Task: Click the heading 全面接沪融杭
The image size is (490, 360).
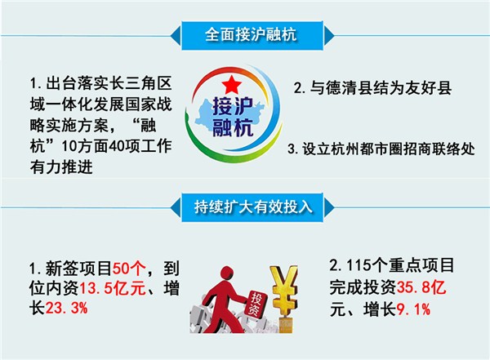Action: pyautogui.click(x=251, y=34)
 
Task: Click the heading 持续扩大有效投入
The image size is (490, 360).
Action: pyautogui.click(x=253, y=207)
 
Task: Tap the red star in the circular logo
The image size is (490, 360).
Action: pyautogui.click(x=232, y=84)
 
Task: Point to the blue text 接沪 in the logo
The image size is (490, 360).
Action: pyautogui.click(x=233, y=107)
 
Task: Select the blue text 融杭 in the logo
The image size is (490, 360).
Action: pyautogui.click(x=233, y=127)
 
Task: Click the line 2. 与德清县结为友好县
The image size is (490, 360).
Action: pyautogui.click(x=372, y=87)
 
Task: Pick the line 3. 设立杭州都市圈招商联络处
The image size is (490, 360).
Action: pyautogui.click(x=381, y=149)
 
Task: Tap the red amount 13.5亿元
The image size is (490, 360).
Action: pyautogui.click(x=113, y=288)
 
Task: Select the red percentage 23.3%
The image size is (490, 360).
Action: pyautogui.click(x=67, y=308)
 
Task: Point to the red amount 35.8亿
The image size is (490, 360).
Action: pyautogui.click(x=421, y=287)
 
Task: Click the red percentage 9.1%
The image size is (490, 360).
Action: pyautogui.click(x=413, y=309)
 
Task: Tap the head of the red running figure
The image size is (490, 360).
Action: pyautogui.click(x=227, y=273)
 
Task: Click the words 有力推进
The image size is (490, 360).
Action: pyautogui.click(x=61, y=167)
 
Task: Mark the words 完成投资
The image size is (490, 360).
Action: pyautogui.click(x=363, y=287)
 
